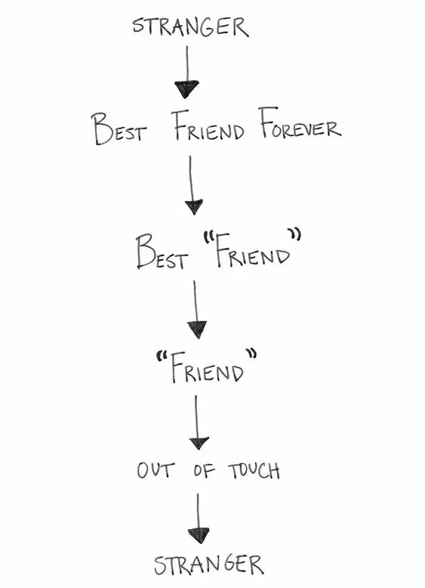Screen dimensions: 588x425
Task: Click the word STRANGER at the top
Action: (189, 27)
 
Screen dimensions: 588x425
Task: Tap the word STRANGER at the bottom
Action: (209, 565)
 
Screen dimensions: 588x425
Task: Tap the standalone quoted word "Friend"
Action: (205, 368)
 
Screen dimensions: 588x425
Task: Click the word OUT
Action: (156, 471)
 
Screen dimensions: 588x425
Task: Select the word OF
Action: (204, 471)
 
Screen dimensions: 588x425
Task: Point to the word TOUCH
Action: (254, 471)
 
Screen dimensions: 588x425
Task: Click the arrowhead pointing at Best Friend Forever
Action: (186, 89)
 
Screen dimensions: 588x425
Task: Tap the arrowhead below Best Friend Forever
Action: (194, 206)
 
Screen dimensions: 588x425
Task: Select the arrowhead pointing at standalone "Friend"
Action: (197, 329)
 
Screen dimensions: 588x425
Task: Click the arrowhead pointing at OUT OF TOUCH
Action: (199, 442)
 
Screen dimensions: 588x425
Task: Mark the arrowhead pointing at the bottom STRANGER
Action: (199, 536)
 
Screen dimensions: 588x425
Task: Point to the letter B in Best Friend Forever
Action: (102, 129)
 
